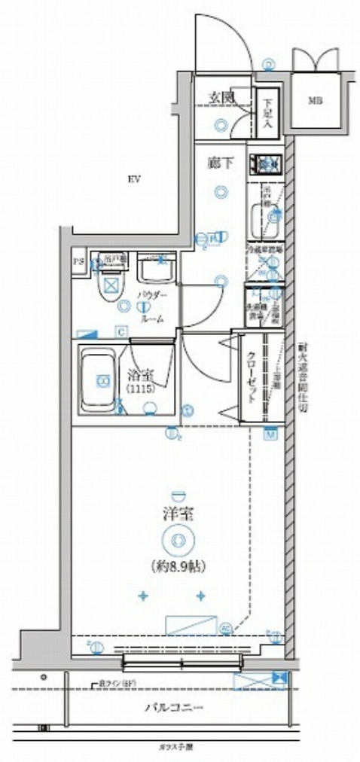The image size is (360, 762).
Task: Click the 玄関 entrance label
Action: pos(220,97)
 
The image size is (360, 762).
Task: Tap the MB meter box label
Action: pos(312,99)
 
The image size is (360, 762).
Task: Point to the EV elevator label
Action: pos(135,179)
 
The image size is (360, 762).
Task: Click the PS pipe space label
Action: pos(78,263)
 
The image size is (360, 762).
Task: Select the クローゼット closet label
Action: pos(252,379)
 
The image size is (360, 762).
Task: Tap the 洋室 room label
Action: pos(178,516)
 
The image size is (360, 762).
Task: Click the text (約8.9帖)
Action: pos(178,565)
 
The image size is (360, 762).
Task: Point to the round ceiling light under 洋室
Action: pos(178,539)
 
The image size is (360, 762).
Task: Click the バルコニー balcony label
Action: pos(175,708)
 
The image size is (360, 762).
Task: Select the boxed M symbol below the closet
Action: pos(269,434)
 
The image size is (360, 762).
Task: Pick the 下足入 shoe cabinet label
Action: pos(267,113)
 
